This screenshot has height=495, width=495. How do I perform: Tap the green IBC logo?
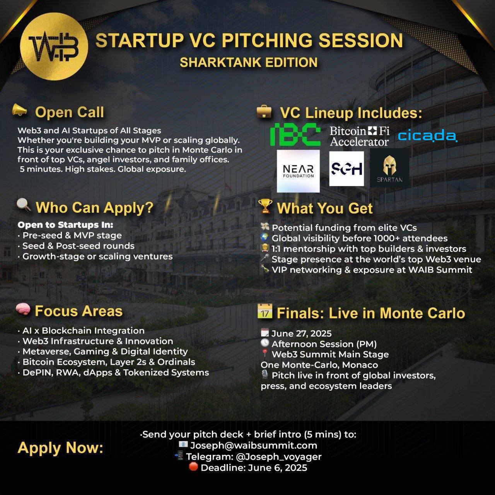click(x=295, y=134)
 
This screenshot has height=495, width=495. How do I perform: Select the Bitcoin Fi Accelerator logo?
click(x=359, y=136)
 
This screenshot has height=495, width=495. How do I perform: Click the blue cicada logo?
click(x=428, y=136)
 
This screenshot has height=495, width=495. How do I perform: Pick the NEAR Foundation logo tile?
click(x=298, y=171)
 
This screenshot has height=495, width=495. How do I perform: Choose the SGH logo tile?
click(x=346, y=169)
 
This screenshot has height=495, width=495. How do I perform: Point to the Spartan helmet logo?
click(x=389, y=168)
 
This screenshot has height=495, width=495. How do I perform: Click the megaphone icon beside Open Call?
click(x=19, y=111)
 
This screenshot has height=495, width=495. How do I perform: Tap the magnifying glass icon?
click(x=24, y=206)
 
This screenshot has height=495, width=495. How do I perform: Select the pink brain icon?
click(x=23, y=310)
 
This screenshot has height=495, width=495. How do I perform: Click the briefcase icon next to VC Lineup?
click(x=264, y=112)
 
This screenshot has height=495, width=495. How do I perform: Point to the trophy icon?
click(x=266, y=207)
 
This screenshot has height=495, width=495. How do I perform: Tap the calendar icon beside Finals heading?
click(x=265, y=311)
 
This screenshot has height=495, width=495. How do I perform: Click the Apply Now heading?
click(x=60, y=448)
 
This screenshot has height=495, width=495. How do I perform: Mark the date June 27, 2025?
click(x=301, y=333)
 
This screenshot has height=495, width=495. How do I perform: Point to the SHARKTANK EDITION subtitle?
click(x=249, y=62)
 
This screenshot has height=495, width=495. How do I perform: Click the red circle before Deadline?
click(x=193, y=466)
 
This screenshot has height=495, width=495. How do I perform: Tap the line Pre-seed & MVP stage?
click(x=72, y=235)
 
